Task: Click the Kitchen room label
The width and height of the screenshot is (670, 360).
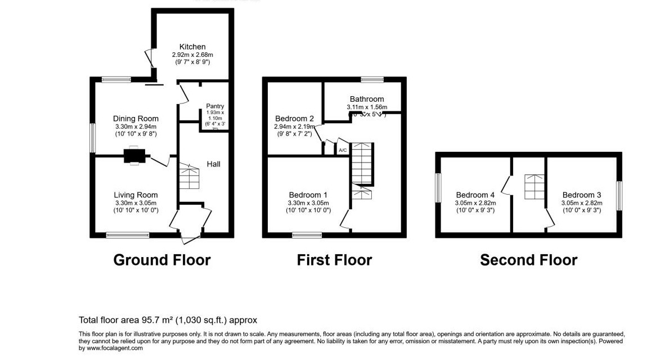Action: click(x=192, y=47)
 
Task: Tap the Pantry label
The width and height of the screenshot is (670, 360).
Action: click(x=215, y=106)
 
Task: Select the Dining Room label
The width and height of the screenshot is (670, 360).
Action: click(x=136, y=119)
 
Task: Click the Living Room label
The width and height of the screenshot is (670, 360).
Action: click(x=136, y=195)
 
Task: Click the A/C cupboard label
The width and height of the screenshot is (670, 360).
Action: click(x=342, y=150)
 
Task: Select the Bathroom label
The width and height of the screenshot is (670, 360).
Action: click(x=366, y=99)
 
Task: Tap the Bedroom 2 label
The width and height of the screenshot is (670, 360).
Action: click(x=294, y=119)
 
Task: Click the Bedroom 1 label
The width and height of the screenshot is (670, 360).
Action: click(x=308, y=195)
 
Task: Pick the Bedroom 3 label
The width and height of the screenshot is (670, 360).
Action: click(x=582, y=195)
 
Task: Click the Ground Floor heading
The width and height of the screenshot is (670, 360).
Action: click(x=162, y=260)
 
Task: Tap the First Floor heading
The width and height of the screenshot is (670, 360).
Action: click(x=334, y=260)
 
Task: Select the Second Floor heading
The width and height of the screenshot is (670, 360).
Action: click(x=528, y=260)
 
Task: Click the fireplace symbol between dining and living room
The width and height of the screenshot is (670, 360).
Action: click(x=135, y=155)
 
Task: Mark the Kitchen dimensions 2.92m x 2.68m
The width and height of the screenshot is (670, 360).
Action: click(x=192, y=55)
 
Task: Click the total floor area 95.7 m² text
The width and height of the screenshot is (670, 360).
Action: click(x=168, y=320)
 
